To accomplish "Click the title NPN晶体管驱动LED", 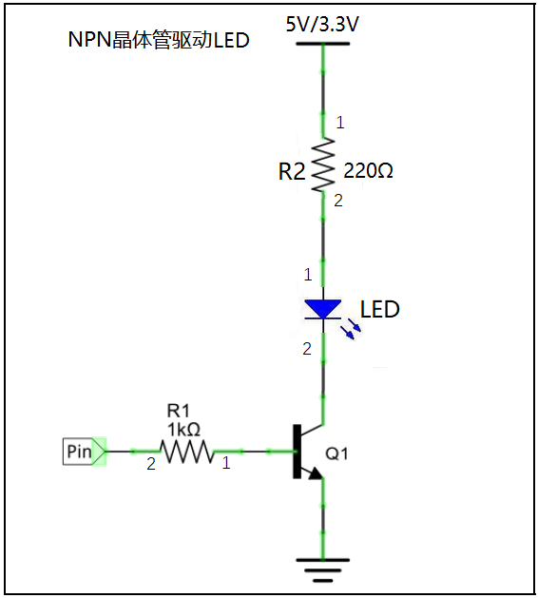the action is point(159,40).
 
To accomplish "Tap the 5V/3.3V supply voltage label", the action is point(322,25).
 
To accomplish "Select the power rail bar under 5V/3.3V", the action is point(322,44).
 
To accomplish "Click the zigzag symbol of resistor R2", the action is point(323,164).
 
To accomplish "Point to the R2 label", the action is point(292,171).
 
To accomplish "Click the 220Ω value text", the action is point(368,170).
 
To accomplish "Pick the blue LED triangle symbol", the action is point(322,309).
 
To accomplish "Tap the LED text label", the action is point(380,309).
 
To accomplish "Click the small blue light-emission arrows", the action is point(351,329).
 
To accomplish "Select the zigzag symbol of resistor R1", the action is point(187,452).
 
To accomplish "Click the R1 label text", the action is point(178,411).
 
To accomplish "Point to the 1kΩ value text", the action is point(183,430).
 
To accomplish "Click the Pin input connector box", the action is point(84,452).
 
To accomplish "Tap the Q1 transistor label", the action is point(336,453).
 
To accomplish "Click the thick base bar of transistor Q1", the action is point(297,452).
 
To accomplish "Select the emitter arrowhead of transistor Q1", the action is point(316,473).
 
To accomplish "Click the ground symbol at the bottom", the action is point(322,570).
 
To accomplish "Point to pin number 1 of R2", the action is point(339,123).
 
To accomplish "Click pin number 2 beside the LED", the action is point(307,349).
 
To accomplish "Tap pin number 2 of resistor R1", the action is point(151,464).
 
